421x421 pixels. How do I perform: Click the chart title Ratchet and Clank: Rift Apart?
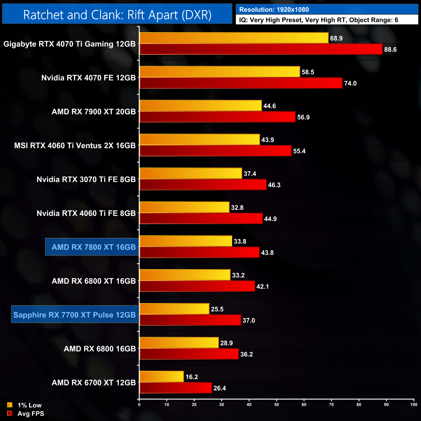(117, 15)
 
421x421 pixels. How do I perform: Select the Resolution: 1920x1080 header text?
(274, 10)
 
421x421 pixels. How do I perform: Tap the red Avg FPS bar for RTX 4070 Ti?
(261, 50)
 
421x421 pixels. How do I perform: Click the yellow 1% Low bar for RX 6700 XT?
(162, 377)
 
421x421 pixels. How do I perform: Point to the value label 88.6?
(390, 50)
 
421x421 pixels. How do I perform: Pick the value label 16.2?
(191, 377)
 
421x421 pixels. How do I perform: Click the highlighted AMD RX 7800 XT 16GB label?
(94, 247)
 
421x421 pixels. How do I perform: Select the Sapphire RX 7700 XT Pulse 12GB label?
(74, 315)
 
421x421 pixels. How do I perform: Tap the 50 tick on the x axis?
(277, 404)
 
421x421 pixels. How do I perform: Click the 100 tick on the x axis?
(414, 404)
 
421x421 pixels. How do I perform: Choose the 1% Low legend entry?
(29, 405)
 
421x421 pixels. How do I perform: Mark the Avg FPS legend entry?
(30, 414)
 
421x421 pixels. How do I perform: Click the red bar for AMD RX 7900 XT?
(218, 117)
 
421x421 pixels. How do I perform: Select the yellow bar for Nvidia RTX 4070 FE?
(220, 72)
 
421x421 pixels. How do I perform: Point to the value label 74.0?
(350, 83)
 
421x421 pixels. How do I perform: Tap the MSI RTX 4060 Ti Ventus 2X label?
(75, 146)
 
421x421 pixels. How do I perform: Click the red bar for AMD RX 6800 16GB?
(189, 354)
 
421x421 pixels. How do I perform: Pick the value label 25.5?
(217, 309)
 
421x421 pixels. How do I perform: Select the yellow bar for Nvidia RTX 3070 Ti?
(191, 174)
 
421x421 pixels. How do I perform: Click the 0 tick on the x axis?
(139, 404)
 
